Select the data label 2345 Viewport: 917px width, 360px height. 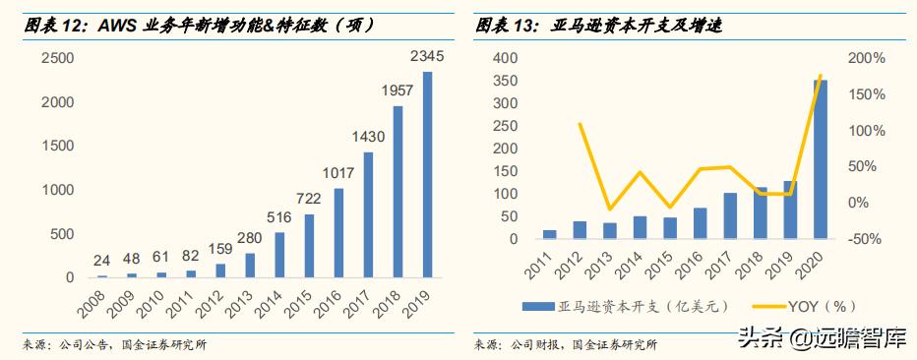coord(427,58)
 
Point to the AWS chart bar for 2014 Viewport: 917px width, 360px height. coord(279,255)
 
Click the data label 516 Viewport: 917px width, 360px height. coord(279,218)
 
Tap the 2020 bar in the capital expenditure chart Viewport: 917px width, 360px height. coord(820,159)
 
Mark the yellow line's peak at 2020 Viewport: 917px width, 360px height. coord(820,76)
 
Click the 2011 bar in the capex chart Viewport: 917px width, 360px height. coord(550,234)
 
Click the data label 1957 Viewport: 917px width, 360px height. coord(398,90)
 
